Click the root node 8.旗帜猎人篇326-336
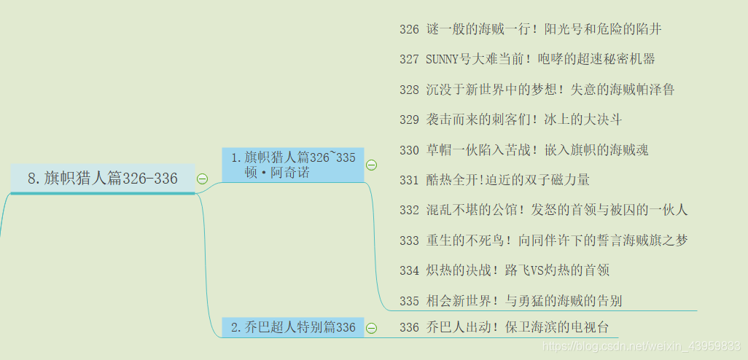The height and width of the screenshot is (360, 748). pos(102,179)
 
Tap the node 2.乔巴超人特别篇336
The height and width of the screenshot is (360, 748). pos(292,328)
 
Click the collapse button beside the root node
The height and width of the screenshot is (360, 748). pos(203,179)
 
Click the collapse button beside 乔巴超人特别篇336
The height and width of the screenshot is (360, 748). pos(371,328)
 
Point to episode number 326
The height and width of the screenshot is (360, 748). pos(409,29)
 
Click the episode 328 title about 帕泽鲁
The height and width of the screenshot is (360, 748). pos(550,90)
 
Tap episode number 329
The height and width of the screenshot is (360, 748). pos(409,120)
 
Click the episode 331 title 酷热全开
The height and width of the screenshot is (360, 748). pos(507,180)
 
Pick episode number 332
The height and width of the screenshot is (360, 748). pos(409,210)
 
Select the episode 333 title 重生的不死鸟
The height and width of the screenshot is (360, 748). pos(556,240)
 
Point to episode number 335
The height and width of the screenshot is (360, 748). pos(409,300)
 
